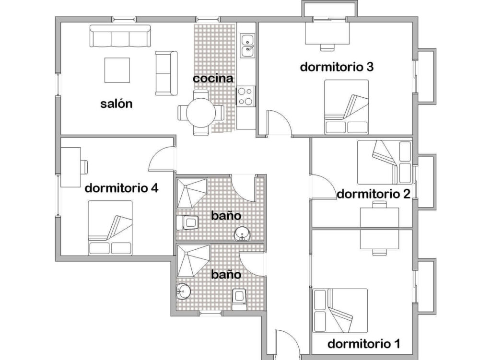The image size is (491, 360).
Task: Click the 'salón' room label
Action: tap(117, 104)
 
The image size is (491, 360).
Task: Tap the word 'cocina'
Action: tap(213, 78)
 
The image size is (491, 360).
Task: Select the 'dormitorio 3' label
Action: tap(337, 67)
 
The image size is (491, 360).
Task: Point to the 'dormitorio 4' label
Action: tap(121, 188)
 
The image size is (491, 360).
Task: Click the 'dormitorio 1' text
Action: tap(364, 344)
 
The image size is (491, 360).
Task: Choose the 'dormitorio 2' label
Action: tap(374, 194)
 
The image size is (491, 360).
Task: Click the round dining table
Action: tap(201, 113)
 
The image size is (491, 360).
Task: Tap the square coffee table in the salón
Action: tap(117, 70)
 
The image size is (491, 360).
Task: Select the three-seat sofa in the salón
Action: tap(120, 36)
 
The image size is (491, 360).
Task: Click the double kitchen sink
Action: tap(247, 46)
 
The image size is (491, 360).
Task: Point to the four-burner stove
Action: tap(245, 96)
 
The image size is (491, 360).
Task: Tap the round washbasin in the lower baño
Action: tap(183, 291)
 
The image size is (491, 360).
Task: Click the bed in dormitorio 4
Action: tap(110, 228)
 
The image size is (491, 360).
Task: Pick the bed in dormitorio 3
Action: tap(346, 107)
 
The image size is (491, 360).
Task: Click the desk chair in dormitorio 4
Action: tap(84, 166)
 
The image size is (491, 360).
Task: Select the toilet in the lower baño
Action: tap(239, 299)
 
